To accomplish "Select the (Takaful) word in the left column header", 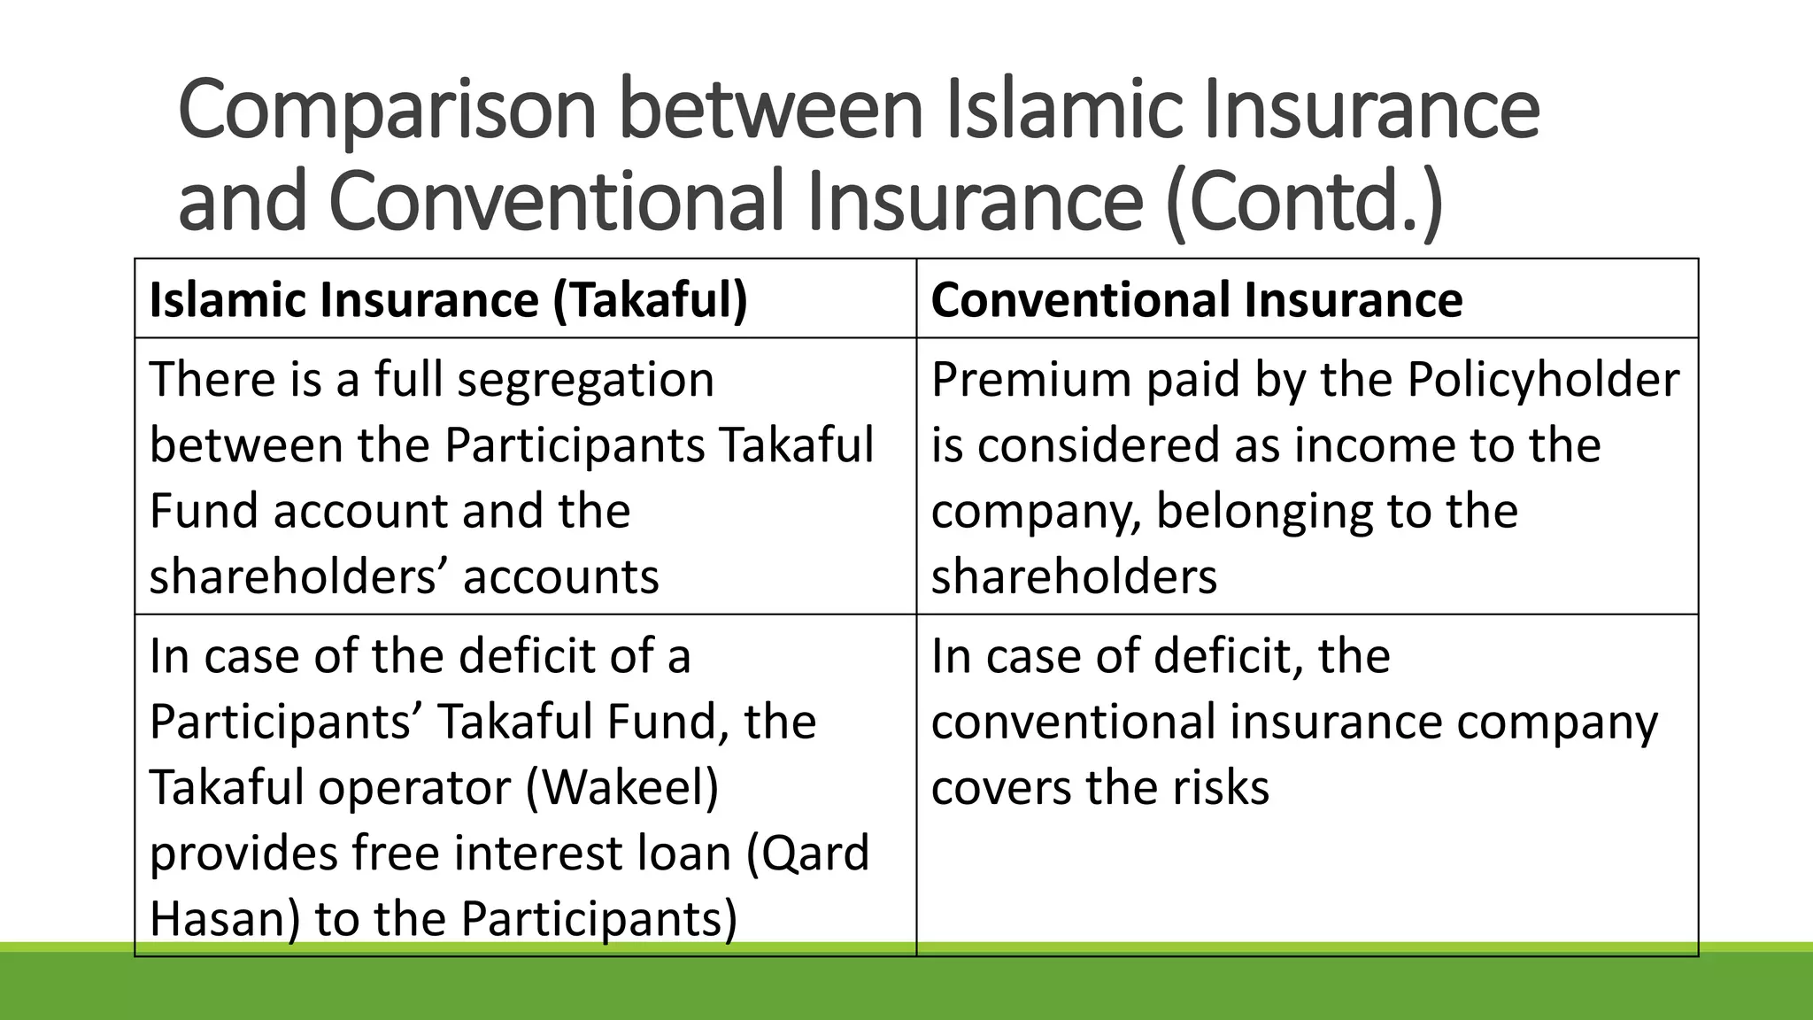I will [x=650, y=299].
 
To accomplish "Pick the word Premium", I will [x=1030, y=380].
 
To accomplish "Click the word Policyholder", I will [x=1542, y=380].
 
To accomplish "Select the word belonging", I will [x=1266, y=512].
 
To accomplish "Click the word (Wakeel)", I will [x=622, y=788].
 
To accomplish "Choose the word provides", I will [x=243, y=854].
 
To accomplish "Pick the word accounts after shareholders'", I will [x=560, y=577].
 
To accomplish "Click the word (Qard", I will [x=807, y=854].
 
